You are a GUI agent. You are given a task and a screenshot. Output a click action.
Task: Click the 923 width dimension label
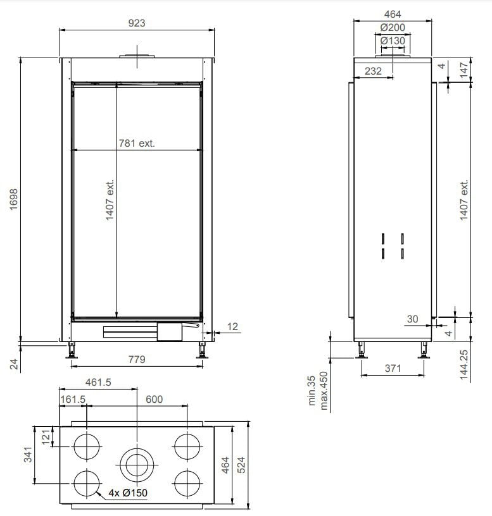(136, 23)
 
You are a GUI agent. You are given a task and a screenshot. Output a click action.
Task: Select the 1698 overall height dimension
(13, 199)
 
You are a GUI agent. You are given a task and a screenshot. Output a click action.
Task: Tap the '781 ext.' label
(137, 143)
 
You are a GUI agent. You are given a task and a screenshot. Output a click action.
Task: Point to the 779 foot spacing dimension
(137, 359)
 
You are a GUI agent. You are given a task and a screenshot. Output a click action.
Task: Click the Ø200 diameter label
(393, 27)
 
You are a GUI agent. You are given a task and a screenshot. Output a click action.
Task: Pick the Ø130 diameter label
(393, 41)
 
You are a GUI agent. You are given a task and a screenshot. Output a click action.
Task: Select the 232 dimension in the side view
(373, 71)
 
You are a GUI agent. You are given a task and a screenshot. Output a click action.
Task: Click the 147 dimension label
(464, 70)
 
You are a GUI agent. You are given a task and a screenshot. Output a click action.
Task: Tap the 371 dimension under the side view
(393, 368)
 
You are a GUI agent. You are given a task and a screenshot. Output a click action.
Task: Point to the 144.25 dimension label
(464, 365)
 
